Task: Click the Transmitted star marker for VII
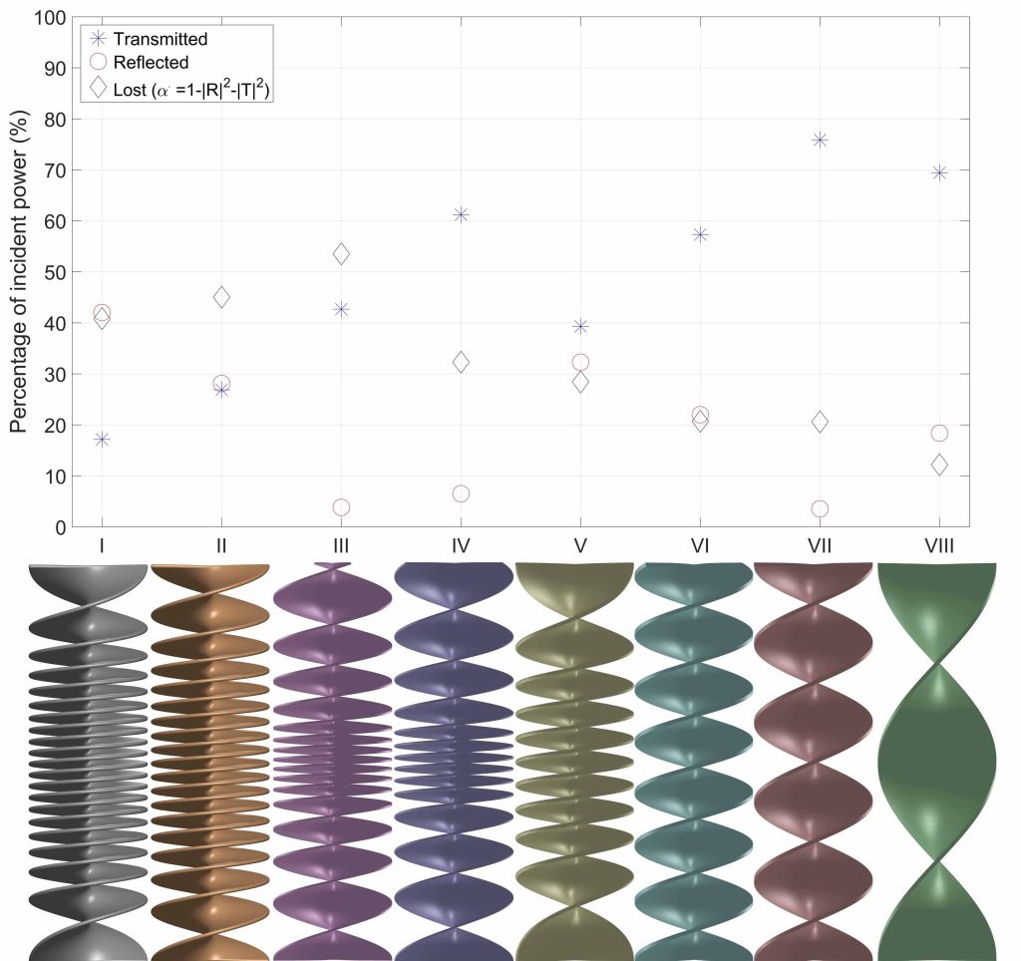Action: coord(820,140)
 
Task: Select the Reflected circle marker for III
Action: coord(341,507)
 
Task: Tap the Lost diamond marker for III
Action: coord(341,254)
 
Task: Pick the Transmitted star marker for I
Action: coord(102,440)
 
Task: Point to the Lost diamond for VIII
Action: coord(939,466)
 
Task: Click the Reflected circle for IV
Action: coord(461,493)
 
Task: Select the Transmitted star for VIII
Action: coord(939,172)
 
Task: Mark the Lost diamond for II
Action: coord(221,297)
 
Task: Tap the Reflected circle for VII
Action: coord(820,508)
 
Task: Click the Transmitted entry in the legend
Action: coord(161,39)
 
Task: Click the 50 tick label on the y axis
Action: coord(56,272)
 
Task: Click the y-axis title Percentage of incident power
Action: coord(19,272)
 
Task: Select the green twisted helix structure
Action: coord(937,763)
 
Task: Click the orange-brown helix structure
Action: coord(209,763)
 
